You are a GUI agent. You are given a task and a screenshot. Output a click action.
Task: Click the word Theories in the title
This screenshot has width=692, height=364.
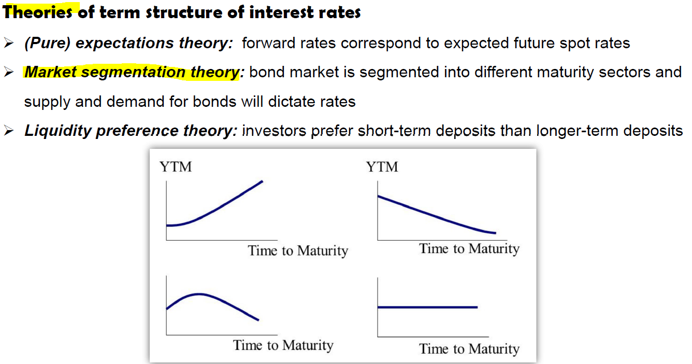[37, 12]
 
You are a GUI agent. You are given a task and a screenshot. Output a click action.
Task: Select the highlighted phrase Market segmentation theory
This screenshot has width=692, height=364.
[132, 73]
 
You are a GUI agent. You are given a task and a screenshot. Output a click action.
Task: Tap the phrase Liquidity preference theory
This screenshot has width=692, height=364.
[131, 131]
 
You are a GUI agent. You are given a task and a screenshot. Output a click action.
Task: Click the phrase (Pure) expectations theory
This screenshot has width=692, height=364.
[128, 43]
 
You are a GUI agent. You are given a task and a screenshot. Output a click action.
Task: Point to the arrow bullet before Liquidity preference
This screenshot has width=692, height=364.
[9, 131]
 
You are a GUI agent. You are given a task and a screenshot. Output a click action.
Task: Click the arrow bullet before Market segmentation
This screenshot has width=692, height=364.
[9, 73]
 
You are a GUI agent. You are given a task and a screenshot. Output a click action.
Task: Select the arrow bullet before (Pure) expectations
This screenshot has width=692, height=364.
[9, 43]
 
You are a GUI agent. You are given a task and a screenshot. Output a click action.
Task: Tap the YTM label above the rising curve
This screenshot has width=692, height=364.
[176, 167]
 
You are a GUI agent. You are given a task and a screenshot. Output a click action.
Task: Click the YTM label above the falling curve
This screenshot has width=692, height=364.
[382, 167]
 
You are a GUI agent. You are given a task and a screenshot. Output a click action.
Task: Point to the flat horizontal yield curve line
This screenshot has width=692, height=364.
[427, 307]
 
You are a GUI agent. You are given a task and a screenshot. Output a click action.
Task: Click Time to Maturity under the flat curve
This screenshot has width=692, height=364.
[469, 349]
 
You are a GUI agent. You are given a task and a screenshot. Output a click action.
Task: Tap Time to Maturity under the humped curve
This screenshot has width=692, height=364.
[283, 345]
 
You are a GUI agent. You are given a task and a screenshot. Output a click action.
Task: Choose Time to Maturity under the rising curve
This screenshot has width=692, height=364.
[298, 251]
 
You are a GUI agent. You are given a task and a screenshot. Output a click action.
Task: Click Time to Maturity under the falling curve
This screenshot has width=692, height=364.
[469, 249]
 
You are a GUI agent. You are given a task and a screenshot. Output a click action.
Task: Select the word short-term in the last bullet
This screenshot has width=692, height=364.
[394, 131]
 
